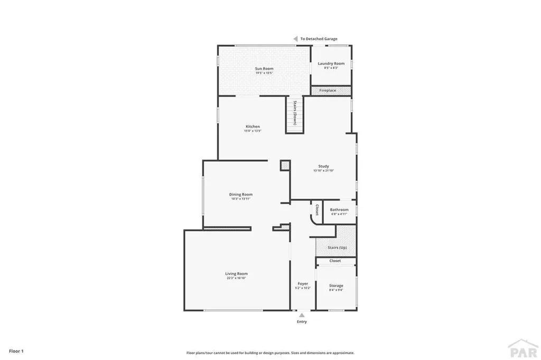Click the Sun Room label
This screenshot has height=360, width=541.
click(264, 68)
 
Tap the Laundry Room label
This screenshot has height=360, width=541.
click(331, 63)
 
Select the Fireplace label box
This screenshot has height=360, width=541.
click(328, 91)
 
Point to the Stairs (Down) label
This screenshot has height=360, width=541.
click(295, 112)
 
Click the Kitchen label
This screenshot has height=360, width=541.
click(253, 126)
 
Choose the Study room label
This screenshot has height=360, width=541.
click(323, 166)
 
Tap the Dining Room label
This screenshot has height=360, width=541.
click(240, 194)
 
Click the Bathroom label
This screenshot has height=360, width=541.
click(339, 210)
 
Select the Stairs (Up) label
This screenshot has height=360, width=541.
click(337, 247)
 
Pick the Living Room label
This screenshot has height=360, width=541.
click(236, 273)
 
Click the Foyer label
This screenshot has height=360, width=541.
click(303, 283)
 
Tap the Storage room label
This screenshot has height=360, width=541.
click(336, 286)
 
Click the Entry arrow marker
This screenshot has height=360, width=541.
click(302, 315)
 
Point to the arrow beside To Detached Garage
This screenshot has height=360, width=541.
click(296, 39)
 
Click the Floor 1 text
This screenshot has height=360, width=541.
click(15, 350)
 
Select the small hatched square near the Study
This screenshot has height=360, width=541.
click(285, 165)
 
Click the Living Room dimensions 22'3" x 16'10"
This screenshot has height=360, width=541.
click(236, 278)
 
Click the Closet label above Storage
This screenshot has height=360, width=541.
click(335, 261)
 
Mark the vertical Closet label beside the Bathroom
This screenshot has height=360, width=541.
click(316, 210)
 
